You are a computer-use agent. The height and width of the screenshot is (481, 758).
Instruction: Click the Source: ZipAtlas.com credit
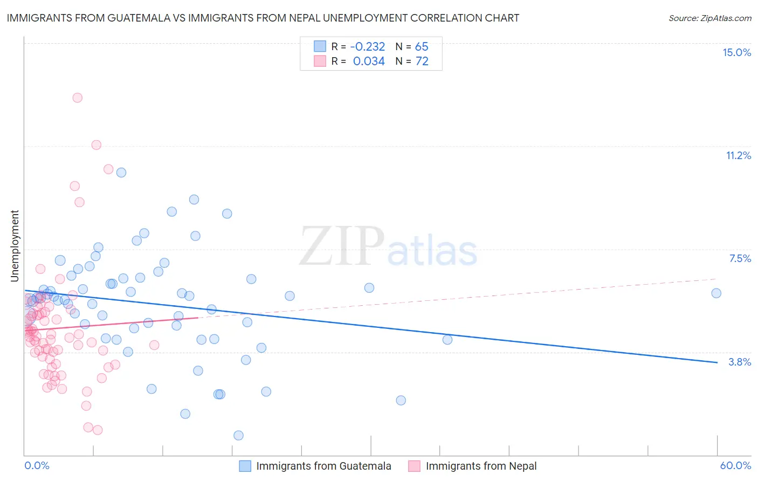pyautogui.click(x=709, y=18)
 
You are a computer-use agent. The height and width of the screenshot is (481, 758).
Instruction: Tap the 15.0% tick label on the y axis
pyautogui.click(x=736, y=52)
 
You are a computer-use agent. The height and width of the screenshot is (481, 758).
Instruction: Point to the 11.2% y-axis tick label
pyautogui.click(x=738, y=155)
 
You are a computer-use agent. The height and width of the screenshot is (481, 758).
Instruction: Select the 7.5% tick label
pyautogui.click(x=740, y=258)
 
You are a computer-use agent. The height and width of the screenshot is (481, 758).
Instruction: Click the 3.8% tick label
pyautogui.click(x=740, y=362)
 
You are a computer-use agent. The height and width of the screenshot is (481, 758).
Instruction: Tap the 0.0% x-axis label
pyautogui.click(x=37, y=465)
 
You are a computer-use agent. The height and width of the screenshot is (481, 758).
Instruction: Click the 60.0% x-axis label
pyautogui.click(x=735, y=465)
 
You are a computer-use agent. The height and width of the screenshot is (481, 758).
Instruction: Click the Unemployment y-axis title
pyautogui.click(x=15, y=246)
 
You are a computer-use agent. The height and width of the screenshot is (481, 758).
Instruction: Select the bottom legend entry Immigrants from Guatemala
pyautogui.click(x=323, y=466)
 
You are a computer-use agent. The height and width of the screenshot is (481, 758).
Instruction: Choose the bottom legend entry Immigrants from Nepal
pyautogui.click(x=481, y=466)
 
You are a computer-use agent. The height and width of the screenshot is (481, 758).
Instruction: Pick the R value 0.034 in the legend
pyautogui.click(x=369, y=61)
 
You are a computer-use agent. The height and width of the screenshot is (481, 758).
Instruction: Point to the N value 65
pyautogui.click(x=422, y=46)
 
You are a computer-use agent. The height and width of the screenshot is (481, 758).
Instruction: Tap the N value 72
pyautogui.click(x=422, y=61)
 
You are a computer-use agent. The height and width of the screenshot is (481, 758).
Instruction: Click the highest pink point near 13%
pyautogui.click(x=77, y=98)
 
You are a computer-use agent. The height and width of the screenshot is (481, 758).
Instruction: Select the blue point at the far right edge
pyautogui.click(x=716, y=293)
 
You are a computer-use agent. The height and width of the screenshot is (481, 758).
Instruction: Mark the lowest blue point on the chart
pyautogui.click(x=238, y=435)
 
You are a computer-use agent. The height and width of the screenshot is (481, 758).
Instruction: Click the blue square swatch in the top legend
pyautogui.click(x=320, y=46)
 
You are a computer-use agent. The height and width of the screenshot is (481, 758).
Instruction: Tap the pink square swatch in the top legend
pyautogui.click(x=320, y=61)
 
